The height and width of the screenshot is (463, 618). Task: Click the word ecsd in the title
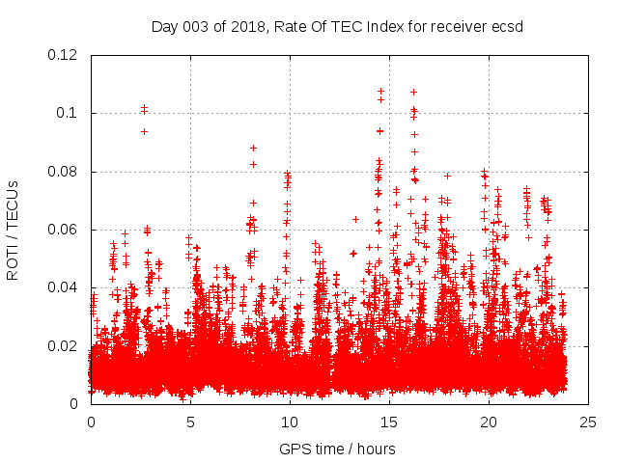point(505,26)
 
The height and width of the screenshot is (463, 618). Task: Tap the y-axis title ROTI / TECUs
point(13,229)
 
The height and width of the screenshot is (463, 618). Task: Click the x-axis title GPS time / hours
point(337,449)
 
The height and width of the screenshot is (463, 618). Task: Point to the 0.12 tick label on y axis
point(64,55)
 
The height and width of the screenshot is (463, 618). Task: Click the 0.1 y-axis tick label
point(70,114)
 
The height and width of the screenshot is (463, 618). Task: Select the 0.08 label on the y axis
point(64,172)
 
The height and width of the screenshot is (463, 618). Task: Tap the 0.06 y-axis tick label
point(64,230)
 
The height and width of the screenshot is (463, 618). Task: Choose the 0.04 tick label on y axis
point(64,288)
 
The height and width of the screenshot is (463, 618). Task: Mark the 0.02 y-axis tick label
point(64,346)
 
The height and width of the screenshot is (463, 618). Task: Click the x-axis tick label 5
point(190,422)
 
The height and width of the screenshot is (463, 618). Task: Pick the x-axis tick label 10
point(290,422)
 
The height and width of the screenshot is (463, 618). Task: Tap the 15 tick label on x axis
point(389,422)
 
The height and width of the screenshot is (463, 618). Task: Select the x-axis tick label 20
point(489,422)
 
